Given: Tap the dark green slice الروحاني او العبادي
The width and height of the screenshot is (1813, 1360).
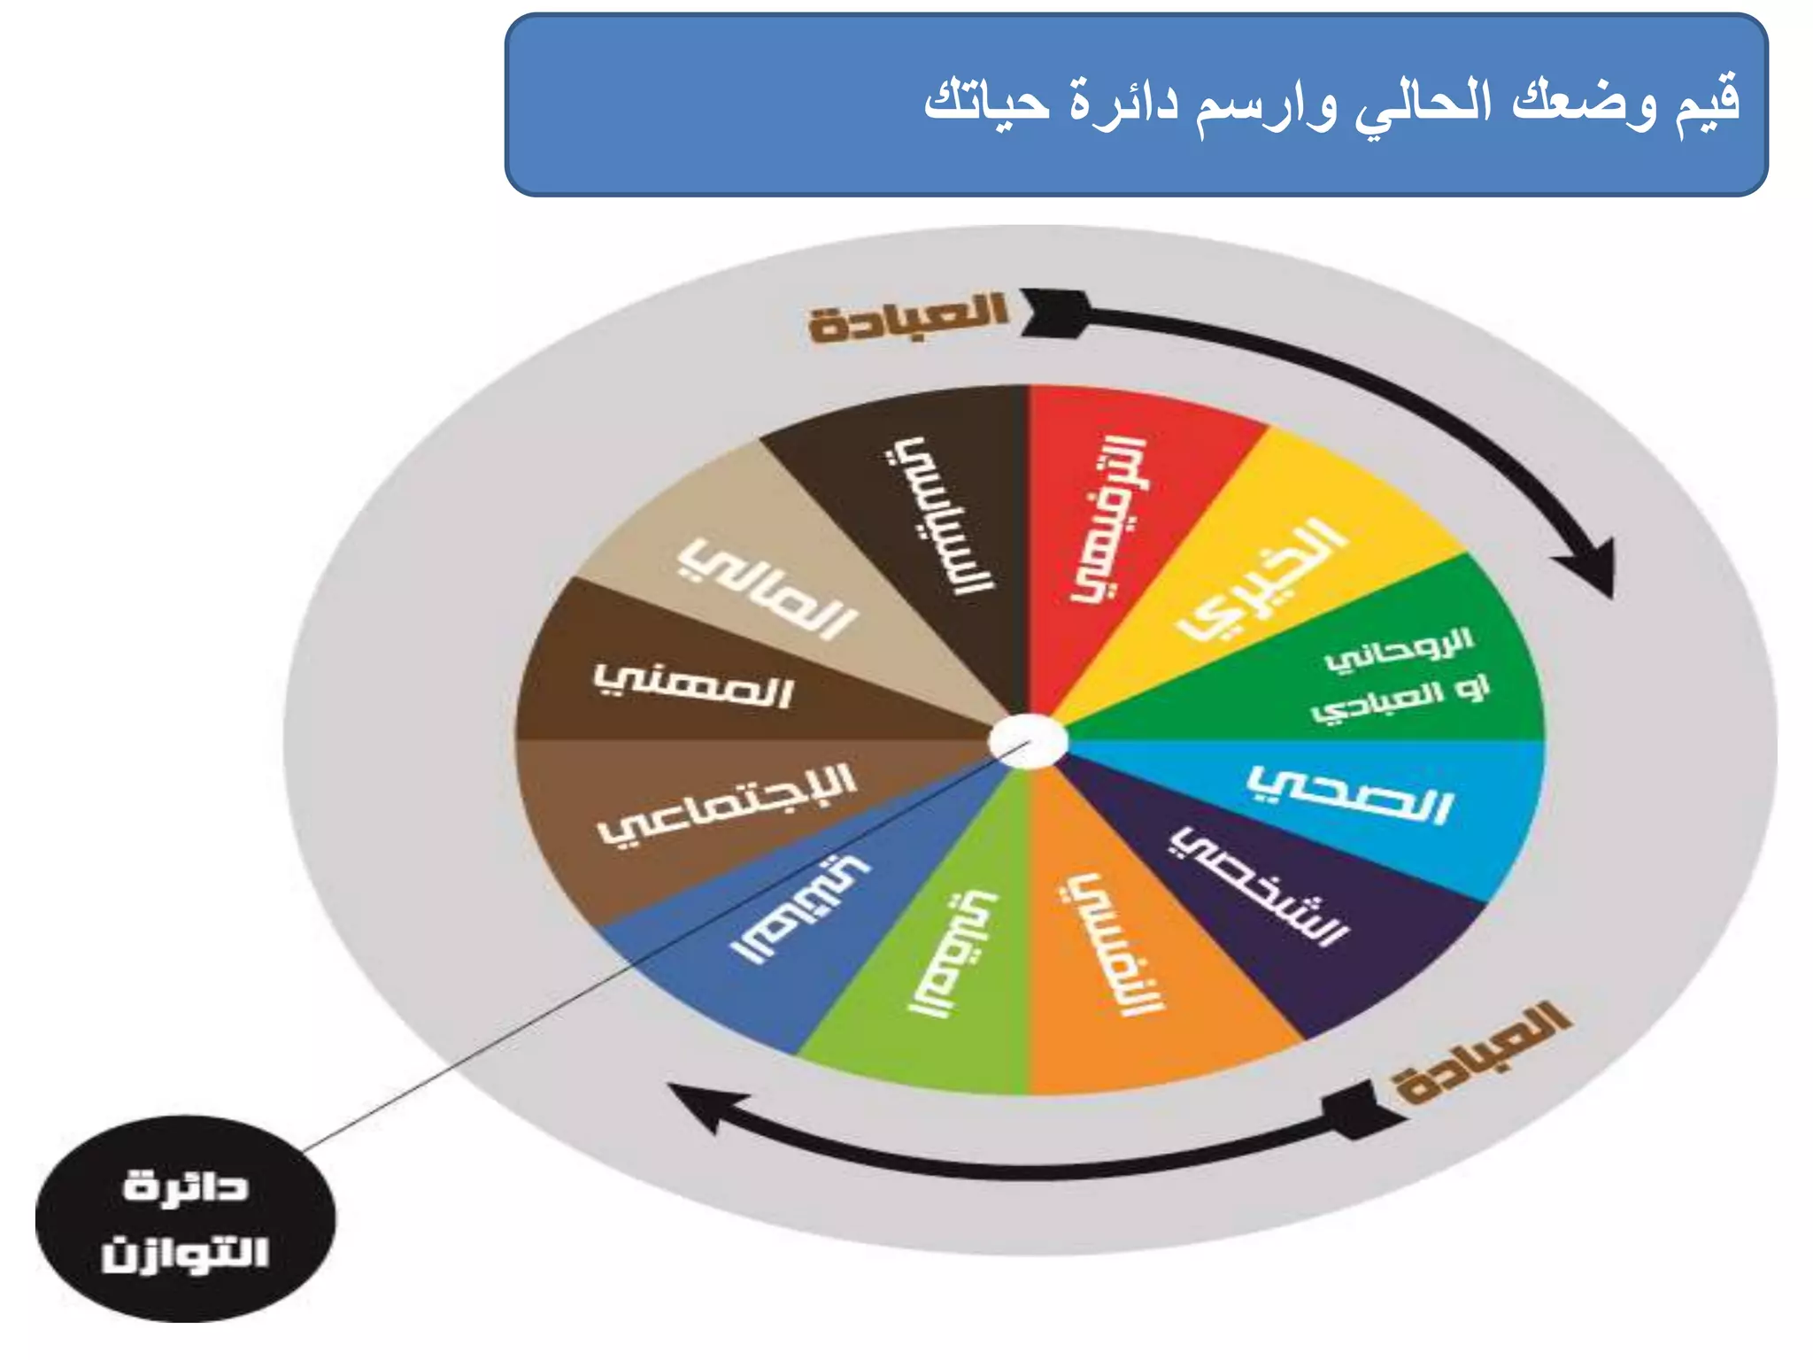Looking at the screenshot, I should [1399, 673].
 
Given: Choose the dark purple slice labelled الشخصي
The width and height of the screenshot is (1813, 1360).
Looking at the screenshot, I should [1266, 894].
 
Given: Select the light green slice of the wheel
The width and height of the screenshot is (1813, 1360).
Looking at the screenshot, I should [947, 956].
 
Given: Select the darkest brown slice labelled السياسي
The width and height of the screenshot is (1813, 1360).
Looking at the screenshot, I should [938, 514].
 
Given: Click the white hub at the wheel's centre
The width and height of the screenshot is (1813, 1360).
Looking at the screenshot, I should [1028, 742].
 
